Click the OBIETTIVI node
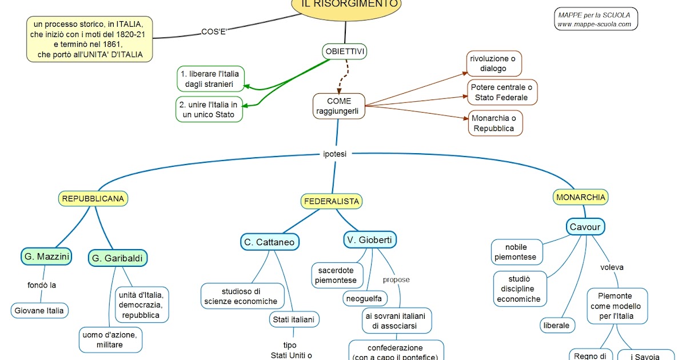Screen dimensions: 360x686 coord(344,52)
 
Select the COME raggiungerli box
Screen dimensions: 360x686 coord(339,106)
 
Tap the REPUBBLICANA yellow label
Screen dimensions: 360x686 coord(93,199)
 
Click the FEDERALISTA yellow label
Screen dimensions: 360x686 coord(332,201)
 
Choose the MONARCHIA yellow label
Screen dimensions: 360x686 coord(580,197)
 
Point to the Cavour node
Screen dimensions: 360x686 coord(585,227)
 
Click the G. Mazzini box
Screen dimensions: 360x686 coord(47,257)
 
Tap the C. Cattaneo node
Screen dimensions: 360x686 coord(269,242)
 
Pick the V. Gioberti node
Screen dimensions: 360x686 coord(370,240)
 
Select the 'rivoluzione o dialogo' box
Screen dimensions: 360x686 coord(493,63)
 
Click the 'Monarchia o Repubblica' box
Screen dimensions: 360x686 coord(493,123)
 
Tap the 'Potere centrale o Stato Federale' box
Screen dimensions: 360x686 coord(502,93)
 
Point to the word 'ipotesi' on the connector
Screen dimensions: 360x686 coord(334,154)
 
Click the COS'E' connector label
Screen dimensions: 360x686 coord(214,31)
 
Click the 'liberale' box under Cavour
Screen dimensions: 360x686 coord(557,325)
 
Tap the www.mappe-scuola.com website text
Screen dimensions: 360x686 coord(595,24)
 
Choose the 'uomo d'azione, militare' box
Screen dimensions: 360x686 coord(110,339)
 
